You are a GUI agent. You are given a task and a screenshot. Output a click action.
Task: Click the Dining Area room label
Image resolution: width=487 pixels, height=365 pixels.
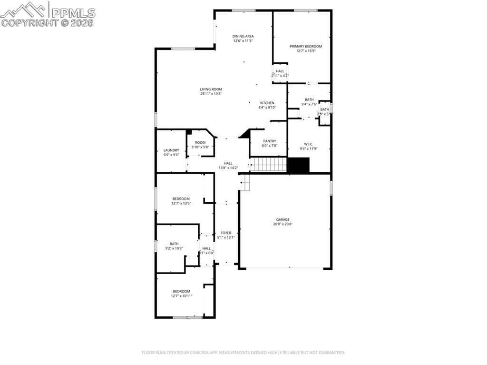tap(243, 36)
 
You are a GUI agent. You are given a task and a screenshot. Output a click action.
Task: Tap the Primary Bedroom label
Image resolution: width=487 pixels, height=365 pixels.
tap(306, 46)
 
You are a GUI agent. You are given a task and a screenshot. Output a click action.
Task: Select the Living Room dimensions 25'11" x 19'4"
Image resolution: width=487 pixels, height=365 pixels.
tap(211, 94)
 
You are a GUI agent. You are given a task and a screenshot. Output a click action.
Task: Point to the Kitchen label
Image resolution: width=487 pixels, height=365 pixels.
tap(267, 103)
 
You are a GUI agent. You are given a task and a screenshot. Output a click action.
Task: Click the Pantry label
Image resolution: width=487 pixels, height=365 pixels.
tap(269, 141)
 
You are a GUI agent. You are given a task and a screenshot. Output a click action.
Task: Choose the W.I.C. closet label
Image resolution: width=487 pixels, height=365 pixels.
tap(308, 144)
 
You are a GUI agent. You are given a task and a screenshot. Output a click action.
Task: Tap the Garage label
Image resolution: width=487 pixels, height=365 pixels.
tap(283, 219)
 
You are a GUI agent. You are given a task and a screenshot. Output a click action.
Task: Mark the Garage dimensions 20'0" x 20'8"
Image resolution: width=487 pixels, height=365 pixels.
tap(283, 224)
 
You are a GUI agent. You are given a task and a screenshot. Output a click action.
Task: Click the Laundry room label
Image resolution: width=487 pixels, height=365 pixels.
tap(171, 150)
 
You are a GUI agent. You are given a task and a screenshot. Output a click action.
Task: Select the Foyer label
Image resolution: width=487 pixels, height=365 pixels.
tap(226, 233)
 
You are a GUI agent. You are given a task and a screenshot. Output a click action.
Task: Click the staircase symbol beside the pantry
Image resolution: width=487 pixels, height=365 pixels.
tap(269, 165)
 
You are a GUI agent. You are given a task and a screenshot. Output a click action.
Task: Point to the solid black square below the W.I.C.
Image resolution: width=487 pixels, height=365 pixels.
tap(299, 165)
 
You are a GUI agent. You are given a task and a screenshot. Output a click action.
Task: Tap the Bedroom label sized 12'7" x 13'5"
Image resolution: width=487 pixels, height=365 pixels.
tap(181, 198)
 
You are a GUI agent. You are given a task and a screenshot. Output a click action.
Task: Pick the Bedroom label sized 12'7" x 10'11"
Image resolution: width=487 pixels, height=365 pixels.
tap(181, 291)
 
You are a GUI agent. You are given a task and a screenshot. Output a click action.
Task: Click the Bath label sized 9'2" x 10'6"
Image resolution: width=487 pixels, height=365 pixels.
tap(174, 244)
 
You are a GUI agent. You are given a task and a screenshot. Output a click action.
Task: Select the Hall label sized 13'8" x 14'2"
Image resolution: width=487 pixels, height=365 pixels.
tap(228, 163)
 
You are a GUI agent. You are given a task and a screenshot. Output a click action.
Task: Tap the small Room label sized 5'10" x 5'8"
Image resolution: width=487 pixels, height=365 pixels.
tap(200, 142)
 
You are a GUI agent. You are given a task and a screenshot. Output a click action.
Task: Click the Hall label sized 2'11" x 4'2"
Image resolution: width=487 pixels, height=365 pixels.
tap(280, 71)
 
